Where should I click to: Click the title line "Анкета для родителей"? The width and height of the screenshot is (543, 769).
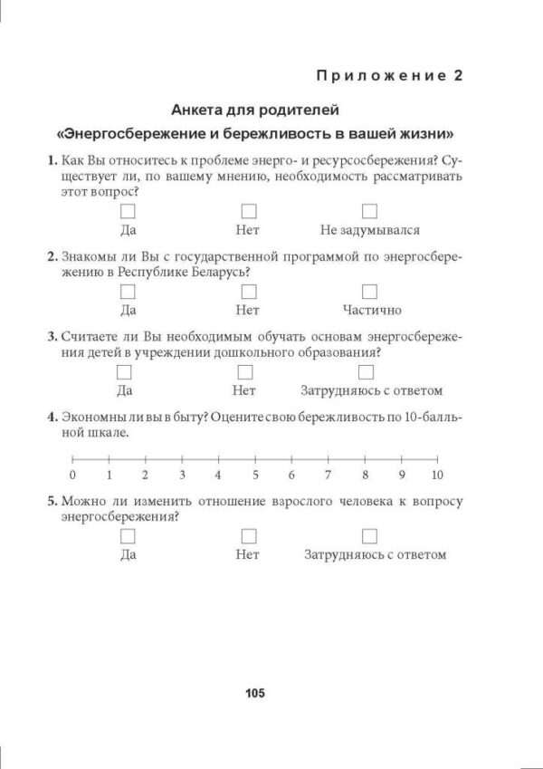click(x=255, y=111)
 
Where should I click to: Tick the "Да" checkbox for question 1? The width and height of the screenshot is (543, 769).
click(x=128, y=211)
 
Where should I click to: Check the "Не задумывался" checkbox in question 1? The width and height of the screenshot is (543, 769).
click(x=369, y=211)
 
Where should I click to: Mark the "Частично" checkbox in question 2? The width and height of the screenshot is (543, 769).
click(x=369, y=292)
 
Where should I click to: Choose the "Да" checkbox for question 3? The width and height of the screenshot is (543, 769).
click(x=125, y=372)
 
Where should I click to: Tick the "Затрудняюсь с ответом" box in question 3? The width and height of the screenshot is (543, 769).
click(x=366, y=372)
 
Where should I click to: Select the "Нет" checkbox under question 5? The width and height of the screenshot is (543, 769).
click(x=249, y=535)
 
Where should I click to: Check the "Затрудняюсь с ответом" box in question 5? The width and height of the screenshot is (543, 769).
click(x=369, y=535)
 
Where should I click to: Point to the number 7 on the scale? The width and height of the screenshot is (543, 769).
click(x=328, y=475)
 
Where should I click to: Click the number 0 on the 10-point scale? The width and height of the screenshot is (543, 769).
click(x=72, y=475)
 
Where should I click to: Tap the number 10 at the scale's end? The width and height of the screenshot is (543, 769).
click(x=437, y=475)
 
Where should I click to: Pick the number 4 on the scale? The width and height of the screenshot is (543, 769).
click(x=218, y=475)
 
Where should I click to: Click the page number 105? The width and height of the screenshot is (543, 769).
click(x=254, y=694)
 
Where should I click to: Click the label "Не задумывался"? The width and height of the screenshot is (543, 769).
click(x=369, y=230)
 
